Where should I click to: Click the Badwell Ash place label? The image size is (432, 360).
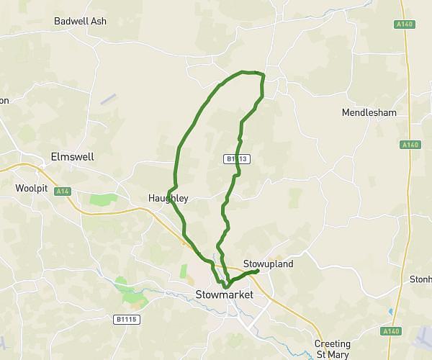(81, 21)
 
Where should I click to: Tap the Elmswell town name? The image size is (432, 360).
(73, 156)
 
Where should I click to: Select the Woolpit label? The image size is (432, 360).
(30, 189)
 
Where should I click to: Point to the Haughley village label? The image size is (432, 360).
(168, 199)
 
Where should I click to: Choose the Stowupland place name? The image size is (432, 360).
(269, 264)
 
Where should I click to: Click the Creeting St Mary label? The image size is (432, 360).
(333, 348)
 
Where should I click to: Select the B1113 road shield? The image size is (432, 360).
(236, 159)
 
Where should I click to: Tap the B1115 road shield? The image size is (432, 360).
(125, 318)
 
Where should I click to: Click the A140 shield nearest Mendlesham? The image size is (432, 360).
(410, 145)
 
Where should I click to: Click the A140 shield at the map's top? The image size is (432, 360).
(405, 24)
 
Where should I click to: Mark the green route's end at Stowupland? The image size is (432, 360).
(257, 271)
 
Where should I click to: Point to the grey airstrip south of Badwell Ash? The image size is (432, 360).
(108, 99)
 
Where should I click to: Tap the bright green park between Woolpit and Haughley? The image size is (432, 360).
(102, 199)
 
